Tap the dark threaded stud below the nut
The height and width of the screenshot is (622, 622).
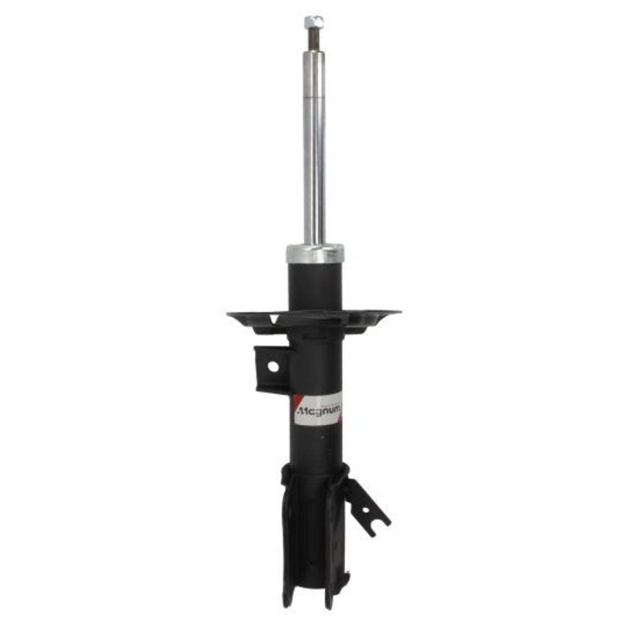(314, 40)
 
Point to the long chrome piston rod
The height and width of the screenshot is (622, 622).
(314, 148)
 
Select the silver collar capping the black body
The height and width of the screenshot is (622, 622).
(315, 254)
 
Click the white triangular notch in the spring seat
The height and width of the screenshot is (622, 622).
(273, 319)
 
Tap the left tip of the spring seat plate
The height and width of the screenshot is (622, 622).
(227, 314)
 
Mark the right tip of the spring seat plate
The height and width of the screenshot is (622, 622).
(401, 312)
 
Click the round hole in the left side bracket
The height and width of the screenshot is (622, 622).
(273, 367)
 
